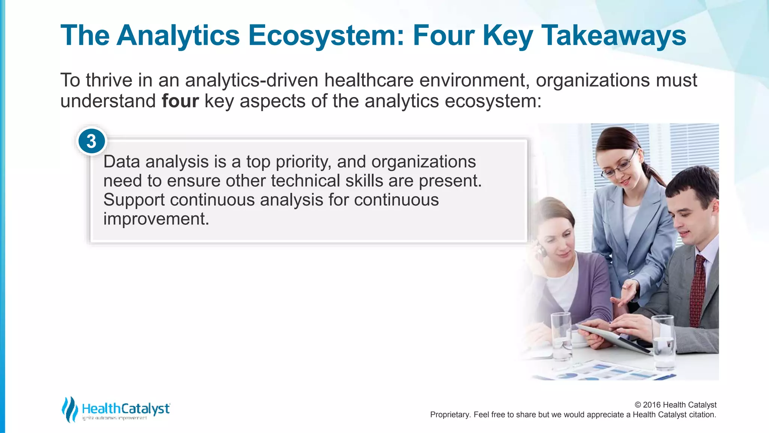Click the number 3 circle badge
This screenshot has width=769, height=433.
92,141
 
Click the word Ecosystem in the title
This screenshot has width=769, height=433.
326,36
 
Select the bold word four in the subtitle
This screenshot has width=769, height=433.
180,101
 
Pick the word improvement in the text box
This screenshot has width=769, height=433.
156,219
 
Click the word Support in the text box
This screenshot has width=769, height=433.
134,200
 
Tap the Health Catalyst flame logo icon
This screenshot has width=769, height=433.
70,409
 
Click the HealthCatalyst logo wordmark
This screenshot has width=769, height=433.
126,409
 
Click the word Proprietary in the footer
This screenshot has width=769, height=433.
449,415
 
